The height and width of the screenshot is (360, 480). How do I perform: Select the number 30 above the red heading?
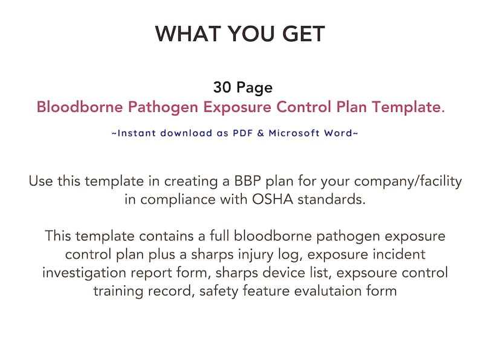tap(222, 88)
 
